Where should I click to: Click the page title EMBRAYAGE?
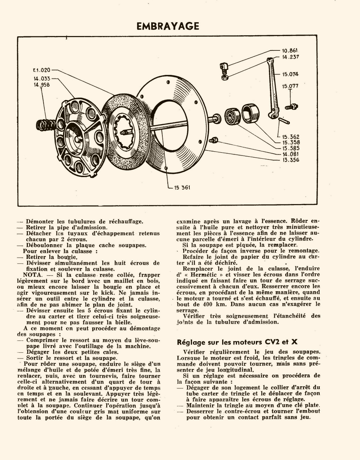pyautogui.click(x=168, y=26)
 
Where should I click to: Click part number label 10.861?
pyautogui.click(x=290, y=51)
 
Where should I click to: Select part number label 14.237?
pyautogui.click(x=291, y=57)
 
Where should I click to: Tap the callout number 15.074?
pyautogui.click(x=290, y=75)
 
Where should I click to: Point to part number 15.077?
pyautogui.click(x=290, y=86)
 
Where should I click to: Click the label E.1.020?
pyautogui.click(x=42, y=70)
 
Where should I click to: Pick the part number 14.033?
pyautogui.click(x=42, y=78)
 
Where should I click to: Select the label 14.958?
pyautogui.click(x=42, y=85)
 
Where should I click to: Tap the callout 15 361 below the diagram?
pyautogui.click(x=182, y=188)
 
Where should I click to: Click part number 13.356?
pyautogui.click(x=291, y=160)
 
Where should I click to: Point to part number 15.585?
pyautogui.click(x=291, y=148)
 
